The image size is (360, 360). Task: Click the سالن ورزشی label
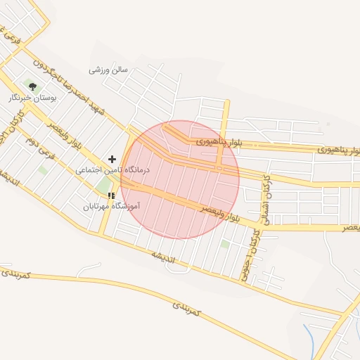click(x=108, y=70)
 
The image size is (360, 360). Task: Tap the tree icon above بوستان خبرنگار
click(x=32, y=86)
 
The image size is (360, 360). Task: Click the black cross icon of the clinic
click(x=112, y=160)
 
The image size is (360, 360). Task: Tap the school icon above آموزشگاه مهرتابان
click(x=111, y=195)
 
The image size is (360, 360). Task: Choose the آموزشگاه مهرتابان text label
click(x=112, y=207)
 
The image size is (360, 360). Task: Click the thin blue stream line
click(x=309, y=337)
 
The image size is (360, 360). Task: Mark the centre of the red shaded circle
click(x=180, y=180)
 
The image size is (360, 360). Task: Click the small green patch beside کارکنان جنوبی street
click(x=224, y=244)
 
